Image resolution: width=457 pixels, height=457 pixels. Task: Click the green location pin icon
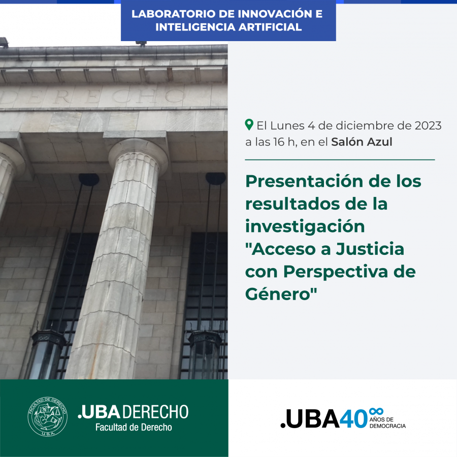tap(249, 125)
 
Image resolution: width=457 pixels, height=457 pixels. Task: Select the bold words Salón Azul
tap(362, 142)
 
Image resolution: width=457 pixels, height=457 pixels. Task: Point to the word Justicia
tap(370, 249)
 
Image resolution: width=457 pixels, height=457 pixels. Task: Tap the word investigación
tap(305, 227)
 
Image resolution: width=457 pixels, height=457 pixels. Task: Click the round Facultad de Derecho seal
tap(48, 416)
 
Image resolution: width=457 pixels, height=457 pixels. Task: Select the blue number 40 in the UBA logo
tap(353, 419)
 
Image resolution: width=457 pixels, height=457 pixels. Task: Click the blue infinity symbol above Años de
tap(376, 411)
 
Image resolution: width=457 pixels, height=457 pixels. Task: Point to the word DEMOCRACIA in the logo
tap(387, 426)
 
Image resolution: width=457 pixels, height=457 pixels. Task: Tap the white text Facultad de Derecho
tap(134, 427)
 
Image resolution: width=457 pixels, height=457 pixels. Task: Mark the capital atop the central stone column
tap(138, 154)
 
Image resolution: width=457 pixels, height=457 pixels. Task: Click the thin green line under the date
tap(340, 160)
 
